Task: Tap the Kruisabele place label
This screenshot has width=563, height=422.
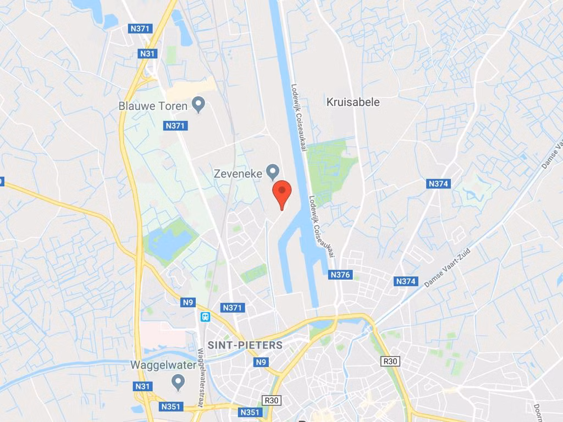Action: [352, 102]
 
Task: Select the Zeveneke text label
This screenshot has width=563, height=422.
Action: [238, 173]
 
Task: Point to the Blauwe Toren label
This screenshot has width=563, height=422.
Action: [153, 106]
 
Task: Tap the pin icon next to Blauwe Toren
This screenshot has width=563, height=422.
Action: [199, 104]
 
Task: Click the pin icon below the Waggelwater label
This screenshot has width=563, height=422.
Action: [178, 380]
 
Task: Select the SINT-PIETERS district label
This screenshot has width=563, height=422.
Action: [245, 346]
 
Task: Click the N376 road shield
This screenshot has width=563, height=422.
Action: [341, 274]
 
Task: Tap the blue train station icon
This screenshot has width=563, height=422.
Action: [205, 316]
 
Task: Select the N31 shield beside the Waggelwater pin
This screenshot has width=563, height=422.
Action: [142, 386]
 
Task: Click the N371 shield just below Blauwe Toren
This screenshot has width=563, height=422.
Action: [176, 126]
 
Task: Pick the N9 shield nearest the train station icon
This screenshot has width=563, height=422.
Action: [189, 302]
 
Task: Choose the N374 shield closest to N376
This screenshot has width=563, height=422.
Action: [406, 281]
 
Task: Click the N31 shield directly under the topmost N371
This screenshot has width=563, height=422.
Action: [147, 53]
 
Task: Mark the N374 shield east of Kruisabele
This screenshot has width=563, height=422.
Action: [438, 184]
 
